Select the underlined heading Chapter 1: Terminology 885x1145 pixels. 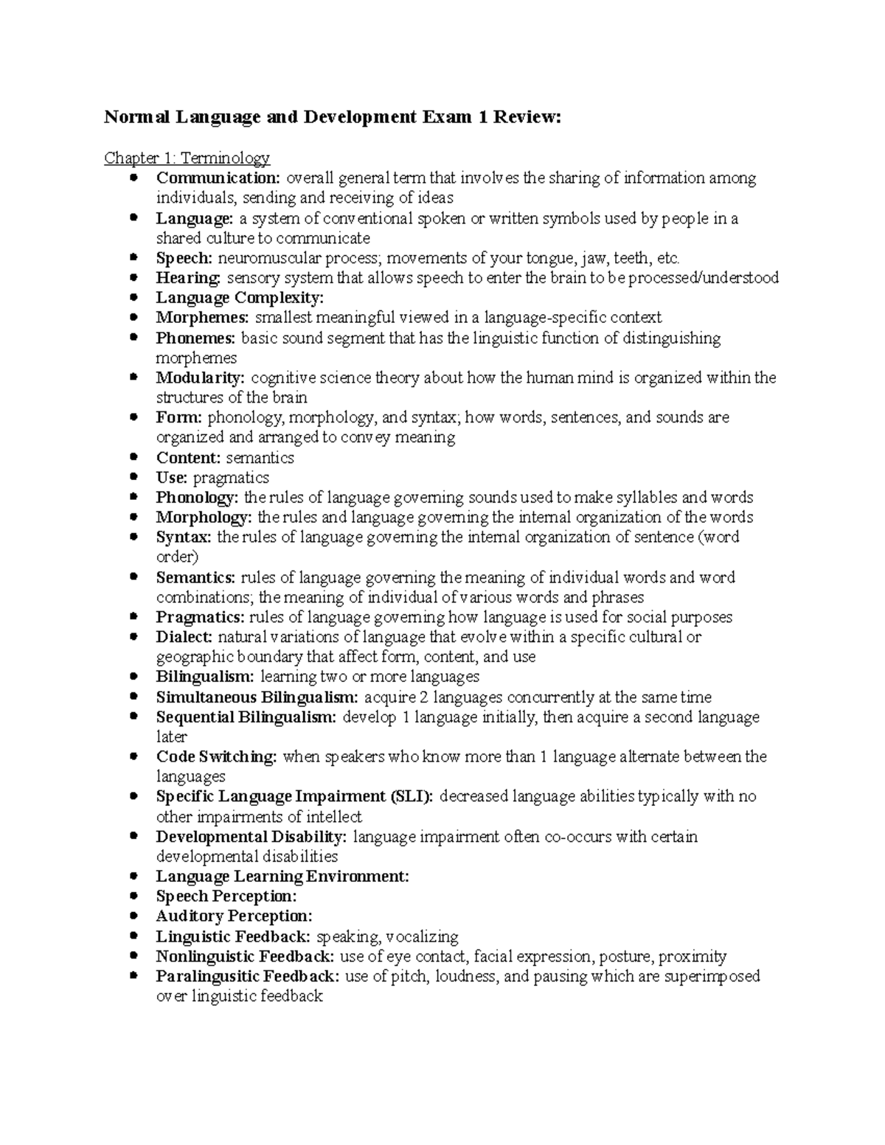[x=187, y=158]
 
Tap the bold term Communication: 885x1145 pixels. [x=218, y=178]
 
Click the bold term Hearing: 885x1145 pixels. [x=188, y=278]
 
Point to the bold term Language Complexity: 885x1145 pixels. [x=240, y=298]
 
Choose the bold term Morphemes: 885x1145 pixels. [x=203, y=318]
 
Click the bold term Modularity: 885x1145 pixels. [x=201, y=378]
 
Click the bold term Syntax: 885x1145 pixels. [x=184, y=537]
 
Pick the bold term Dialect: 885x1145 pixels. [x=184, y=637]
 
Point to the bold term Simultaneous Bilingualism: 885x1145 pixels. [x=257, y=697]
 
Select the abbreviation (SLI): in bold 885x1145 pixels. [x=412, y=797]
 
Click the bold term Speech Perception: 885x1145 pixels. [x=226, y=897]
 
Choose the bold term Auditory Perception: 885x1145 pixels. [x=234, y=916]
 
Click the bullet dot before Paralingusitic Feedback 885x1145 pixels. [x=133, y=976]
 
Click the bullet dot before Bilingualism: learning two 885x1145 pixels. [x=133, y=677]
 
